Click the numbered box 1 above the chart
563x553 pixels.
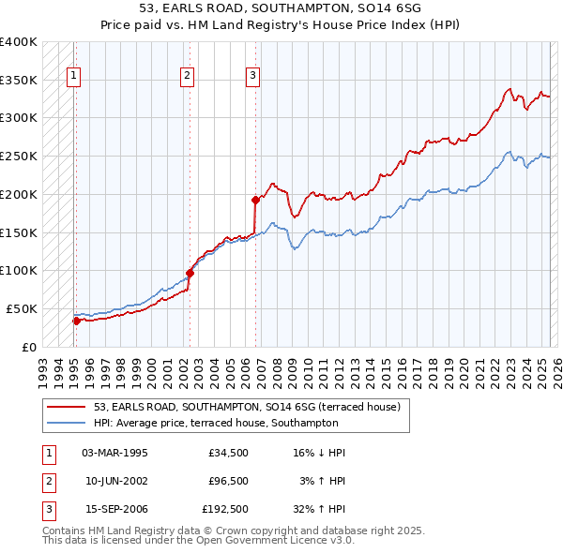(x=74, y=77)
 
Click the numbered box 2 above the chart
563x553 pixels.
(x=188, y=77)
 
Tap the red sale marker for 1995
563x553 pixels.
(x=76, y=321)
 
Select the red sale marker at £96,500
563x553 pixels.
(x=190, y=273)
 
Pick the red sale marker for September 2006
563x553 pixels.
(x=255, y=199)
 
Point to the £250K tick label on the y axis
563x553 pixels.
(x=19, y=157)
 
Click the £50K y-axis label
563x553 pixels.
(x=23, y=308)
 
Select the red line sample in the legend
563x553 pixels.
(x=67, y=407)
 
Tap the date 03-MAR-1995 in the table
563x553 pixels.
(x=115, y=453)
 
